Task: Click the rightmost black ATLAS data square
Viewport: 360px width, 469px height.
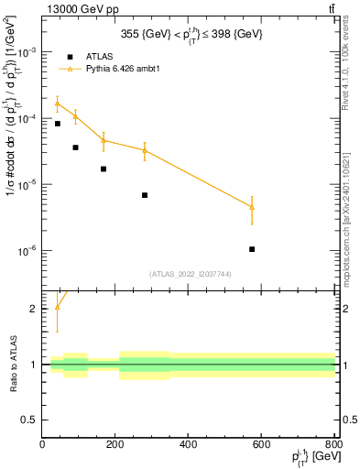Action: point(252,249)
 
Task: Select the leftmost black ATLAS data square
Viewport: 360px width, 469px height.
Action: point(57,124)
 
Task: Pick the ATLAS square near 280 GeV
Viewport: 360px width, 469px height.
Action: point(145,195)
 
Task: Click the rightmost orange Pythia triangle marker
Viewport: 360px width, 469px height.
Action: point(252,207)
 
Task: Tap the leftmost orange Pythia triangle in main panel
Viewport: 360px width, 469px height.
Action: point(57,104)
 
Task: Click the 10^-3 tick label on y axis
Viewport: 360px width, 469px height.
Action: point(27,52)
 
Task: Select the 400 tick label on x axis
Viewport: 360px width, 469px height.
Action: point(188,444)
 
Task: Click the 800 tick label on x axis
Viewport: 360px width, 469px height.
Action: point(333,444)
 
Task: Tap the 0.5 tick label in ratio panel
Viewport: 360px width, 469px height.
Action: point(30,420)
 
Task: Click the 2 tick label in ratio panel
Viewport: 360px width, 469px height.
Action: point(35,309)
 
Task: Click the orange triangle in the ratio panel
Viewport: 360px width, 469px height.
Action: point(57,307)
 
